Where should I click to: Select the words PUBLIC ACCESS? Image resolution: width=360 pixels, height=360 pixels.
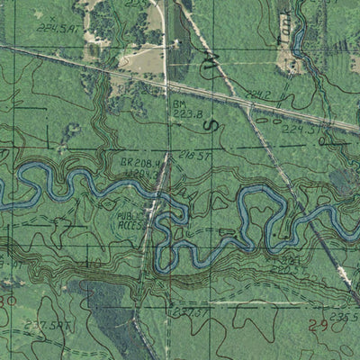131,221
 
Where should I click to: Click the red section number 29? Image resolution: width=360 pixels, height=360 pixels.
318,325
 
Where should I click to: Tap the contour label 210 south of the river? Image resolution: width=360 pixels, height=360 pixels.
92,262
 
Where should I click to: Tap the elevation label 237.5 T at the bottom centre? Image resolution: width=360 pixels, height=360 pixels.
184,312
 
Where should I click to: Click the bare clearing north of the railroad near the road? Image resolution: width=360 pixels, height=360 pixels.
141,60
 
